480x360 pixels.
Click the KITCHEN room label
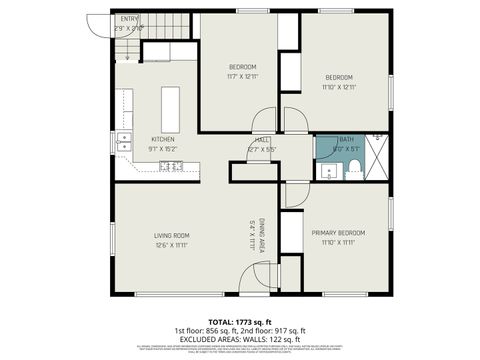[163, 139]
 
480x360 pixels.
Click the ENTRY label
[129, 18]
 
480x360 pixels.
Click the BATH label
[346, 140]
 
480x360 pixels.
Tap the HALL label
[261, 139]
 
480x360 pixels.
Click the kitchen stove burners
[170, 166]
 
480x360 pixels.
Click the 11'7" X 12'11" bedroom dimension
[242, 76]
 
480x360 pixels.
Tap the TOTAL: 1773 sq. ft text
[240, 320]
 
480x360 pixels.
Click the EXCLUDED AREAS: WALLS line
[240, 338]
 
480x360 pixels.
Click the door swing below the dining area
[255, 281]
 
